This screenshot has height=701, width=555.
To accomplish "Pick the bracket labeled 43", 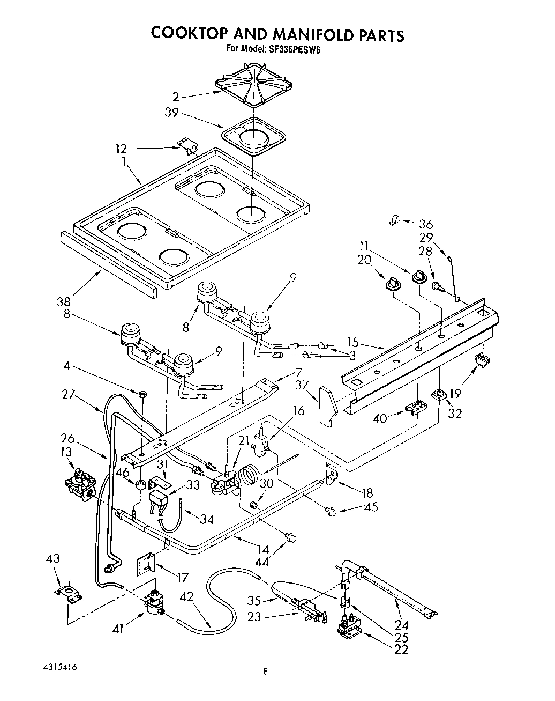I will click(68, 593).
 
